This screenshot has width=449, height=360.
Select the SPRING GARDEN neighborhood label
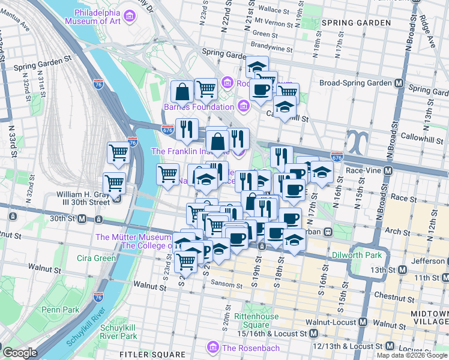coord(356,23)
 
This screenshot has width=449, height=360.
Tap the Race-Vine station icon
coord(388,170)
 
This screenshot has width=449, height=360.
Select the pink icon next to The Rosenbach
coord(212,347)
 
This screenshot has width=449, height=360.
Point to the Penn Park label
coord(61,310)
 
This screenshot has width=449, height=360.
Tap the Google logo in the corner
coord(20,353)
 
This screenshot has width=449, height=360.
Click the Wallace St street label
coord(273,10)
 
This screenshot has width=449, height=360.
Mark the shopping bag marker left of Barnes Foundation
coord(182,92)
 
